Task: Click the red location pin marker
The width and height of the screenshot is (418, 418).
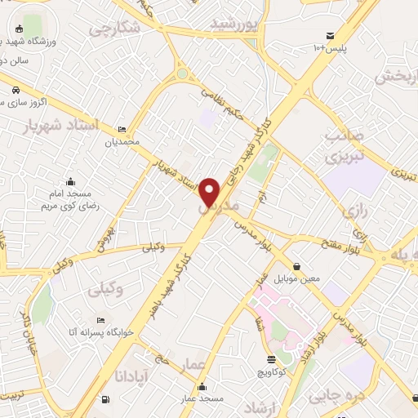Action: tap(211, 191)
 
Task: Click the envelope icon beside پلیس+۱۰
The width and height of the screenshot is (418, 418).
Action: tap(329, 36)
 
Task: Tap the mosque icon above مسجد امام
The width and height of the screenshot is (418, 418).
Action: tap(71, 181)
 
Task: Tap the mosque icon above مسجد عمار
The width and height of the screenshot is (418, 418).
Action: tap(202, 386)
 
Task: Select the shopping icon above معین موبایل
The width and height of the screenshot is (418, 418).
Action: tap(296, 266)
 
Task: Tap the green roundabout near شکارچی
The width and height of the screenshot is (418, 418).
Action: tap(182, 74)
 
